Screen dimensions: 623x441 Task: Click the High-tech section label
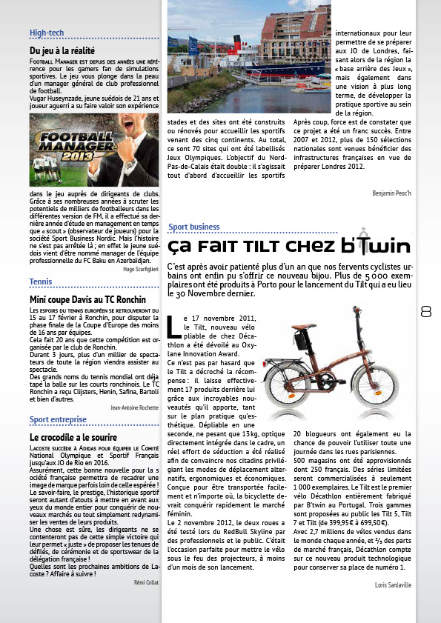pyautogui.click(x=47, y=33)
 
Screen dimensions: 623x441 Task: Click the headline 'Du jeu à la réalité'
pyautogui.click(x=62, y=50)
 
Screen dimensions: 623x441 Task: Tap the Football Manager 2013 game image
pyautogui.click(x=94, y=150)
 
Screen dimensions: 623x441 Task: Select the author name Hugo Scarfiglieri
pyautogui.click(x=141, y=269)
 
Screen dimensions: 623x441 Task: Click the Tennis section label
pyautogui.click(x=41, y=282)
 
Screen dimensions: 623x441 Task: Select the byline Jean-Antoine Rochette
pyautogui.click(x=134, y=407)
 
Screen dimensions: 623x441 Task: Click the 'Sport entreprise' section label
pyautogui.click(x=58, y=420)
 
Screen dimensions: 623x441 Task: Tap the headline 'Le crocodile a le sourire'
pyautogui.click(x=73, y=437)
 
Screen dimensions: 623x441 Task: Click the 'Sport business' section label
pyautogui.click(x=194, y=227)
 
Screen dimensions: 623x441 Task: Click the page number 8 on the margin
pyautogui.click(x=426, y=312)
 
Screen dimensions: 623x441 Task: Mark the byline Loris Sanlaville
pyautogui.click(x=392, y=585)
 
